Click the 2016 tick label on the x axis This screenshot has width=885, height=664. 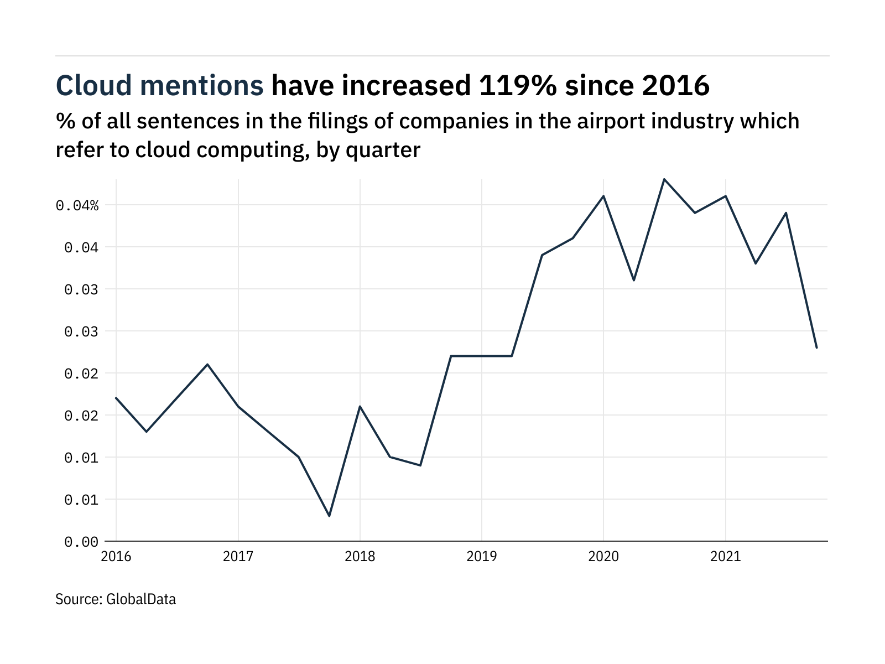coord(116,556)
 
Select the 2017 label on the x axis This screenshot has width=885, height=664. coord(238,556)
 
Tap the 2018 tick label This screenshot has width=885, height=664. coord(360,556)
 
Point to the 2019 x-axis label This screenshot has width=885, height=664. coord(482,556)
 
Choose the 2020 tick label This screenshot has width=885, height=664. coord(603,556)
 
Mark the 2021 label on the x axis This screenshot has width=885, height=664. coord(725,556)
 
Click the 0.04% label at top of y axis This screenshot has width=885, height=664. coord(77,206)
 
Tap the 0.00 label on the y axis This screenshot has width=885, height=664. coord(81,542)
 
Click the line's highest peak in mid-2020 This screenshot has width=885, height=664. coord(664,179)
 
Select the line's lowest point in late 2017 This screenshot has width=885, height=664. coord(330,516)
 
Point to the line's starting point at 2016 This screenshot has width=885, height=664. coord(116,398)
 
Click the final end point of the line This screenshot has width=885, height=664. coord(816,347)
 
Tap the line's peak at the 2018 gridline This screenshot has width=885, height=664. coord(360,407)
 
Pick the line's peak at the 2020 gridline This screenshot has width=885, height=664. coord(603,196)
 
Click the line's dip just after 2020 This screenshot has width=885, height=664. coord(634,280)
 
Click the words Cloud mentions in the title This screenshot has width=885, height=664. coord(160,86)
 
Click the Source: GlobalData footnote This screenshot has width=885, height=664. coord(116,599)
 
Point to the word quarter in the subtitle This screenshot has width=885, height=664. coord(383,150)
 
